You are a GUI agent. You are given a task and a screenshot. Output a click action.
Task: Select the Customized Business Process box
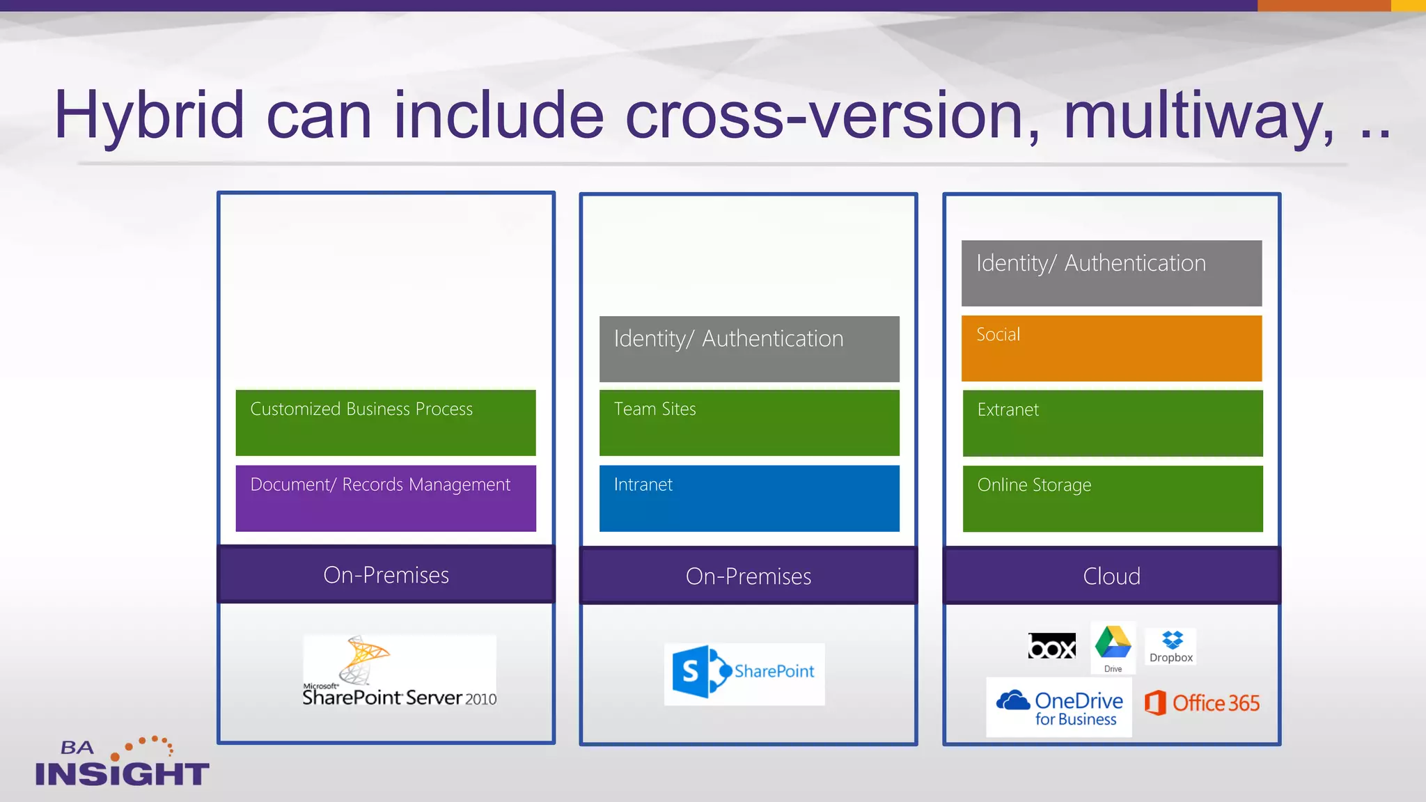386,423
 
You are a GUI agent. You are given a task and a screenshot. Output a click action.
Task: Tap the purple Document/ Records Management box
386,498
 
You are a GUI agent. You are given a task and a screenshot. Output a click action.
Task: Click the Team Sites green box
749,423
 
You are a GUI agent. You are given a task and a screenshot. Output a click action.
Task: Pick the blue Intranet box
749,498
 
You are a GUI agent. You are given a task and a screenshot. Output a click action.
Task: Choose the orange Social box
1111,348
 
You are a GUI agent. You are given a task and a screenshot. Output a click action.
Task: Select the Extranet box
1112,423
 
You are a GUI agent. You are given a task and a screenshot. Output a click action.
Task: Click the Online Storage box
1112,498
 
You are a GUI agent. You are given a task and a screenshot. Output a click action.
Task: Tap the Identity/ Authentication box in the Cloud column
1111,273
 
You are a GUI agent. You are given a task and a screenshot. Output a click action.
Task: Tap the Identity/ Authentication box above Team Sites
749,349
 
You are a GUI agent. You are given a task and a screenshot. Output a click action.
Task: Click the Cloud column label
1111,576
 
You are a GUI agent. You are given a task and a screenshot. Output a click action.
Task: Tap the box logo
1051,647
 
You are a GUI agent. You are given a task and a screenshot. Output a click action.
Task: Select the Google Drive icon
1113,645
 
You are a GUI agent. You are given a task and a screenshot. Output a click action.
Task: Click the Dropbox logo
1171,647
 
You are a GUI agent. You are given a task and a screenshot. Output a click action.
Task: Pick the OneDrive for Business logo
1059,707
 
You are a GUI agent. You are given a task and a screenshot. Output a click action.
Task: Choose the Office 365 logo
1202,703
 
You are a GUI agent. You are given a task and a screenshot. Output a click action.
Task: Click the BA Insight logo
122,763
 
